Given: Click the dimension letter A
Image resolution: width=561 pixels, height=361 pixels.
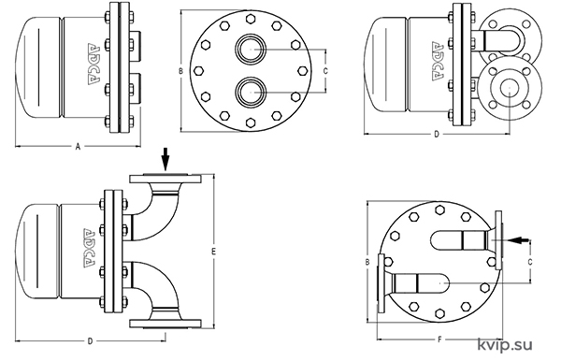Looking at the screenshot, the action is click(78, 146).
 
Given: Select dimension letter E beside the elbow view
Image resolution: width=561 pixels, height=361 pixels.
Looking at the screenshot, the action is click(213, 252).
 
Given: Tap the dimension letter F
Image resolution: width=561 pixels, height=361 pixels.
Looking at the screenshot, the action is click(440, 339).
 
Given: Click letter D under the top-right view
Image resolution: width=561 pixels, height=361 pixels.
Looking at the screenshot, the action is click(437, 134).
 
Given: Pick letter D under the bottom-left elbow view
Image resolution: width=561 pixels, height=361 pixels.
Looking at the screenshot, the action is click(90, 341).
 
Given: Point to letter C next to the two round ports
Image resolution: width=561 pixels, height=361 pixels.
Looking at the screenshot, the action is click(325, 71).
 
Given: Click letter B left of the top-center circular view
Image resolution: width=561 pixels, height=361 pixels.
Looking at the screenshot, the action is click(181, 71).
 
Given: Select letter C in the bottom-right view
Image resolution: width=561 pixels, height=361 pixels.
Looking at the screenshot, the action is click(530, 262).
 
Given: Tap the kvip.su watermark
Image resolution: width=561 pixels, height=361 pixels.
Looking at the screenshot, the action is click(505, 345).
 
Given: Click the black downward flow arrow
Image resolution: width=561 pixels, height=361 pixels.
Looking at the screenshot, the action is click(165, 159).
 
